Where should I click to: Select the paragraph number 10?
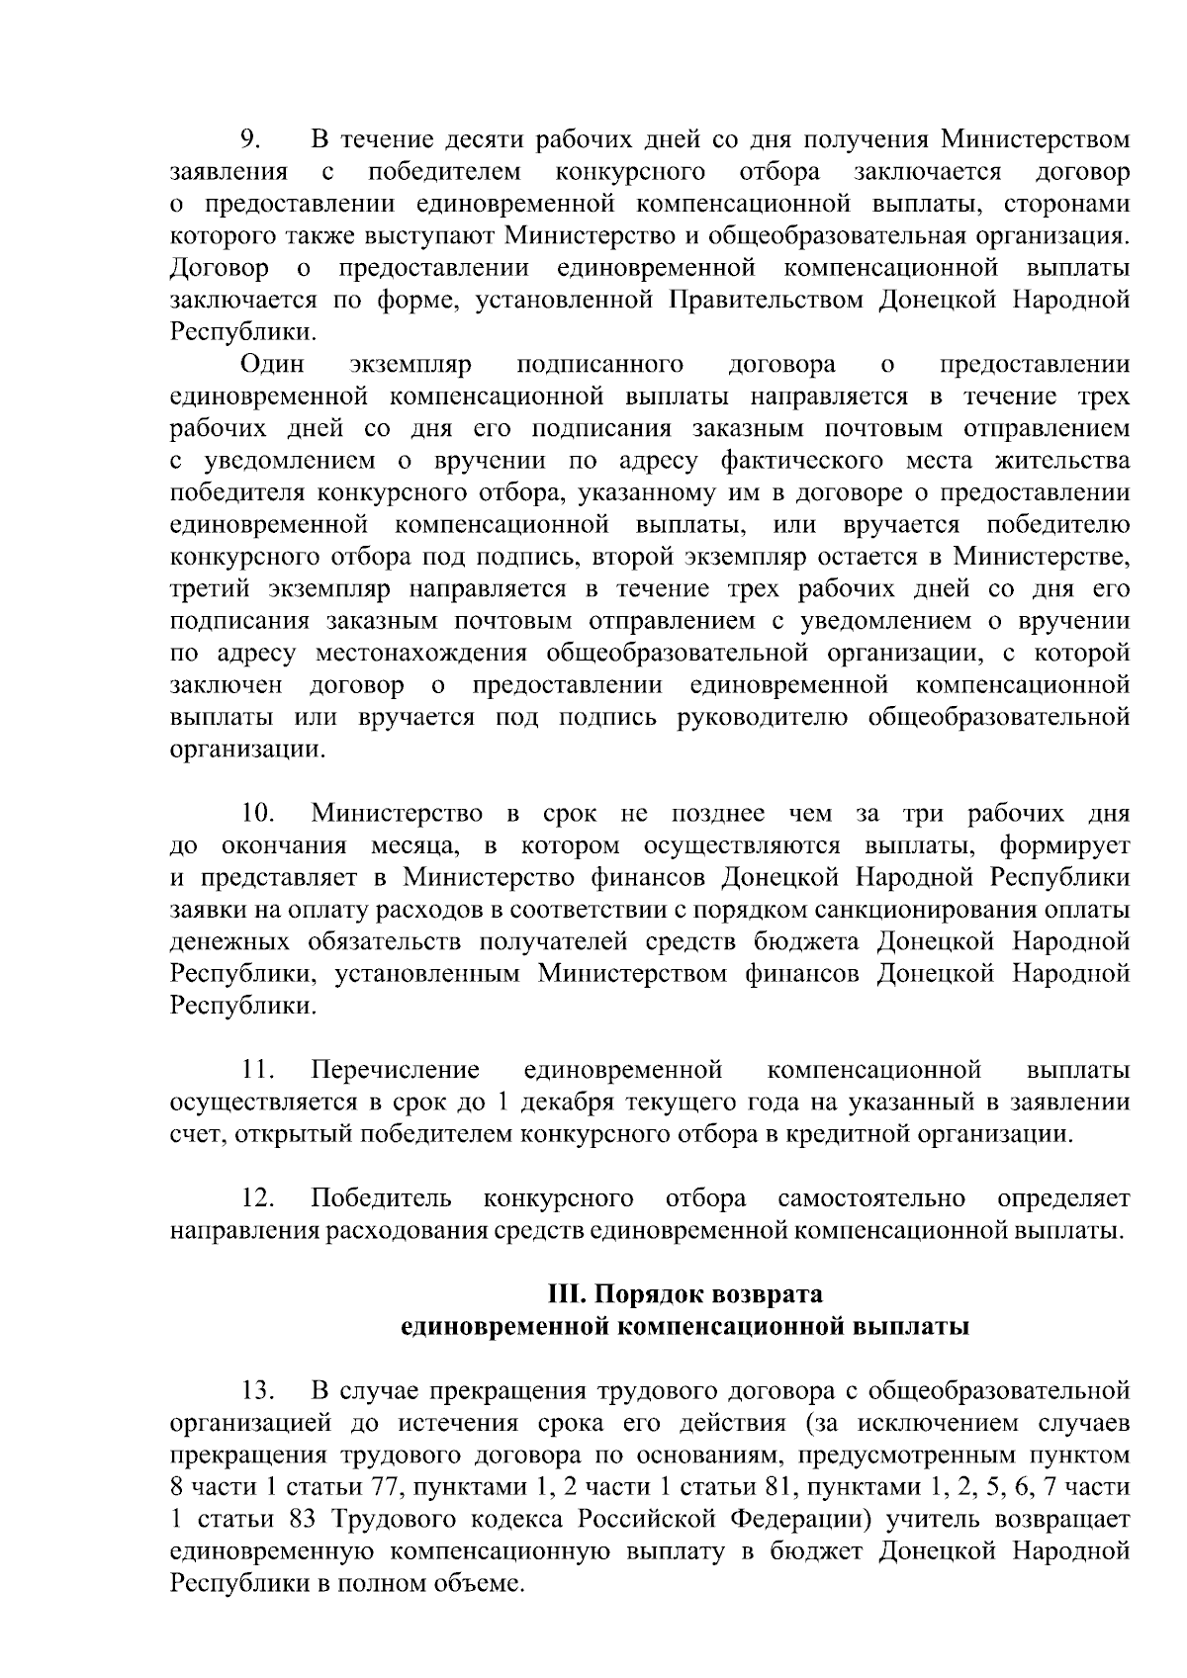[258, 814]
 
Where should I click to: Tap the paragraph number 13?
[258, 1391]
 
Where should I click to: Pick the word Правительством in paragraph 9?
[768, 301]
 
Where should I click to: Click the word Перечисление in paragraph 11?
[396, 1070]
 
